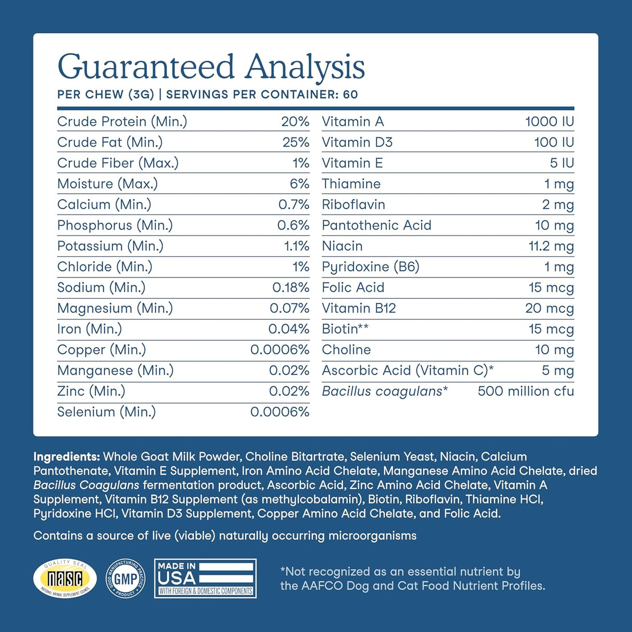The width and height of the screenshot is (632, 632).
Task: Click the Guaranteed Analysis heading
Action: (211, 67)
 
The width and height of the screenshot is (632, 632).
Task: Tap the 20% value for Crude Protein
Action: (295, 121)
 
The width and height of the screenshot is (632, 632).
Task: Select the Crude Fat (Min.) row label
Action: (110, 142)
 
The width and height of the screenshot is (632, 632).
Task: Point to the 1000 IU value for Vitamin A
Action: (549, 121)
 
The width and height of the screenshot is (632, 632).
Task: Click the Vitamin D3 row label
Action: (357, 142)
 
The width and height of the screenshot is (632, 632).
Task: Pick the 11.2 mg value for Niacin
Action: (551, 246)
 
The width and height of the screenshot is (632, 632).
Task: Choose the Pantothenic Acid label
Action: (376, 225)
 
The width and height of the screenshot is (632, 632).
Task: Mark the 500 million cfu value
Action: (526, 391)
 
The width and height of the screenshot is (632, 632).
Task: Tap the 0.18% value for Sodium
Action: (290, 287)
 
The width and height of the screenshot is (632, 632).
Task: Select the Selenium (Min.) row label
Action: (107, 412)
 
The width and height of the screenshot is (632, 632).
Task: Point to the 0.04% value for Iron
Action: (288, 329)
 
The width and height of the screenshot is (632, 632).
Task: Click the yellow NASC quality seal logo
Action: (65, 579)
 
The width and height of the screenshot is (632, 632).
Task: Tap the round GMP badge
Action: (125, 578)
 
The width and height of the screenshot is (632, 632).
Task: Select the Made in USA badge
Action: (205, 578)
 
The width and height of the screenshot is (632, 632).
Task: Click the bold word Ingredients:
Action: (67, 457)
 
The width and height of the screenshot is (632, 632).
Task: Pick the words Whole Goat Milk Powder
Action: (172, 457)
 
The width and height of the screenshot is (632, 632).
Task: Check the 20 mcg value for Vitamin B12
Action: (549, 308)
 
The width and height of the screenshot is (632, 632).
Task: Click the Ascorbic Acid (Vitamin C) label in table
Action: (408, 370)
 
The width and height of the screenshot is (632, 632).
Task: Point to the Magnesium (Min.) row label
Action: (115, 308)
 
